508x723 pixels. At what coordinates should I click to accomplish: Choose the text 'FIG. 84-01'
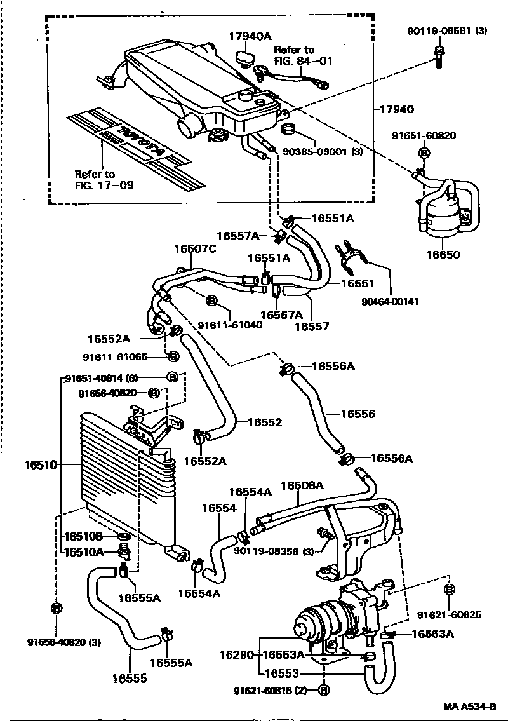[x=303, y=62]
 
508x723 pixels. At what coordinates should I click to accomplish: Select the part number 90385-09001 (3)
[x=323, y=152]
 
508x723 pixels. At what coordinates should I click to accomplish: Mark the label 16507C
[x=195, y=249]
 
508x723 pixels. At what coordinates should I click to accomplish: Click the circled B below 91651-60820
[x=424, y=152]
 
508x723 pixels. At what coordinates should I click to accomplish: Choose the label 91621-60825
[x=449, y=614]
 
